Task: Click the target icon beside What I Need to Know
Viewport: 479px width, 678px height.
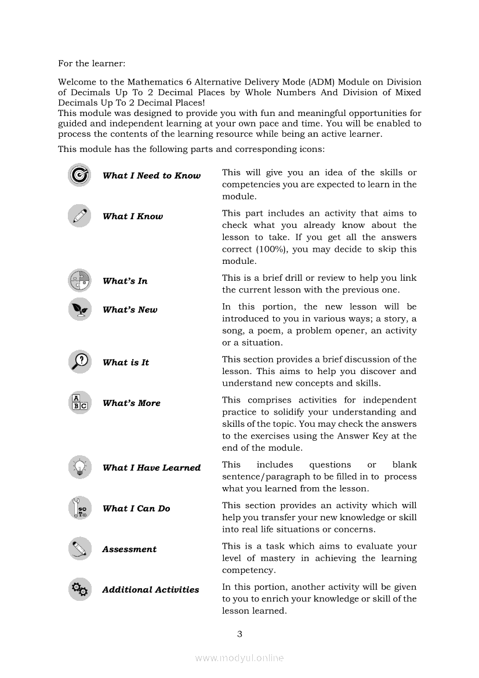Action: pyautogui.click(x=79, y=175)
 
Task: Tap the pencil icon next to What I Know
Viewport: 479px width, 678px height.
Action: pyautogui.click(x=79, y=216)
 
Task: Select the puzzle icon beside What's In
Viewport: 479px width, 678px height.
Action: pyautogui.click(x=79, y=281)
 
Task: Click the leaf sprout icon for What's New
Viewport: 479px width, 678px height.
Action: pyautogui.click(x=79, y=309)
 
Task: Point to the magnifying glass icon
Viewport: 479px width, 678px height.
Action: pyautogui.click(x=79, y=362)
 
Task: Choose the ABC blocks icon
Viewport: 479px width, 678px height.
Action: pyautogui.click(x=79, y=403)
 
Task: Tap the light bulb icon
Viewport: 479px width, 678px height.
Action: pyautogui.click(x=79, y=467)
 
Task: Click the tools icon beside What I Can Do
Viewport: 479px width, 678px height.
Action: pyautogui.click(x=79, y=508)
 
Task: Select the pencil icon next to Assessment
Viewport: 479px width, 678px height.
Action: pyautogui.click(x=79, y=549)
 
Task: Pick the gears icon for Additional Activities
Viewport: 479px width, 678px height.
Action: pyautogui.click(x=79, y=589)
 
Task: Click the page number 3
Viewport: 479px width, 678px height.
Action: pyautogui.click(x=239, y=634)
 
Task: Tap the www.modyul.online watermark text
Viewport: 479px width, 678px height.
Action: pyautogui.click(x=239, y=658)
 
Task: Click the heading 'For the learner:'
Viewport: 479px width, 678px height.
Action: pyautogui.click(x=92, y=63)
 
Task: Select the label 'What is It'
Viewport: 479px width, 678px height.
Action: pyautogui.click(x=126, y=362)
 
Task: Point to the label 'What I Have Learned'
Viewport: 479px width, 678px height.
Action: pyautogui.click(x=151, y=467)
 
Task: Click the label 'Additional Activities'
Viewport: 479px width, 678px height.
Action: pyautogui.click(x=151, y=590)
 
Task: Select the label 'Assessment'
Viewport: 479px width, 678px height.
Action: pyautogui.click(x=129, y=549)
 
